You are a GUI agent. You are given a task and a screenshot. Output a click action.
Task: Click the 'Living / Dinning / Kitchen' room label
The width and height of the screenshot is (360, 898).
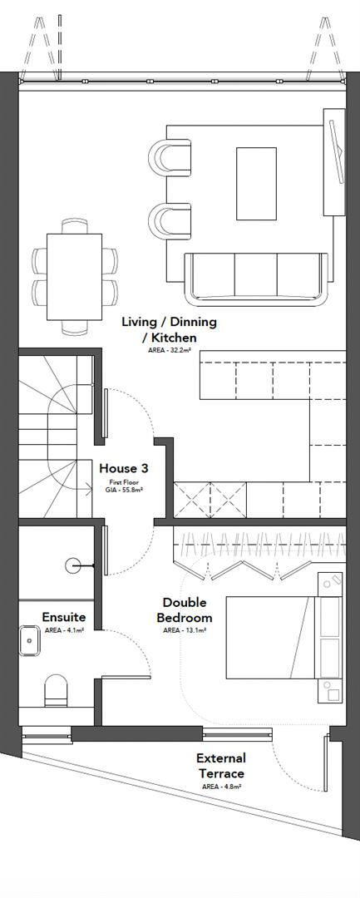pos(169,329)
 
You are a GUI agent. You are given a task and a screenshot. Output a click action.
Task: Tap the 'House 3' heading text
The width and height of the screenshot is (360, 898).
pos(123,469)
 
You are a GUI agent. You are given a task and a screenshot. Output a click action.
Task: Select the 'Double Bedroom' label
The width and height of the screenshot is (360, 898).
pos(187,609)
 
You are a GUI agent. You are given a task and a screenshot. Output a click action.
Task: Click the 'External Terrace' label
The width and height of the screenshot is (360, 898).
pos(220,765)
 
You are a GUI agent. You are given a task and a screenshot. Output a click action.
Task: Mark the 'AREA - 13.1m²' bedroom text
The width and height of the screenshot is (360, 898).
pos(185,630)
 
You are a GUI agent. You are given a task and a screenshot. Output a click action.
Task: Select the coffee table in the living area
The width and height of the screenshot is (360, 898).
pos(256,183)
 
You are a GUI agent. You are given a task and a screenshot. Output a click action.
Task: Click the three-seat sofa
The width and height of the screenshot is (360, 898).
pos(255,277)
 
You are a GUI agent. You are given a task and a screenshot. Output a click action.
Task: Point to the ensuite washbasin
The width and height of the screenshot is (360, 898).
pos(32,641)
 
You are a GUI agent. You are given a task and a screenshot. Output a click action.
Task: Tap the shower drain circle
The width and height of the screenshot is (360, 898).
pos(72,565)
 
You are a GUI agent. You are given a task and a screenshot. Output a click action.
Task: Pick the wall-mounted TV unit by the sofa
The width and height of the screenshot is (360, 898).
pos(337,162)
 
